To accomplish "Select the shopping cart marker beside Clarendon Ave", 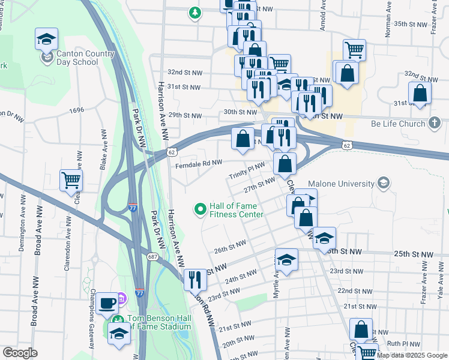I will coord(71,179).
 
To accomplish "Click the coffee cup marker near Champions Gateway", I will coord(108,302).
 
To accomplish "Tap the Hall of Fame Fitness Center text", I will coord(235,210).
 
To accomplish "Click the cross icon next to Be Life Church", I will coord(435,123).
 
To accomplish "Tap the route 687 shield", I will coord(153,256).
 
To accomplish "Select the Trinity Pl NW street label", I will coord(246,170).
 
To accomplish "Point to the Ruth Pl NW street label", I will coord(402,344).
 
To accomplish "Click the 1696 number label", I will coord(76,110).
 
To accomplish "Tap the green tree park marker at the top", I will coord(194,13).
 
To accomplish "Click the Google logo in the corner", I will coord(19,353).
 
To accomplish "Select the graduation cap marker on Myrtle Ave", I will coord(286,260).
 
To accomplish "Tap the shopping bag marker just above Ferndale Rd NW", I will coord(242,139).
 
